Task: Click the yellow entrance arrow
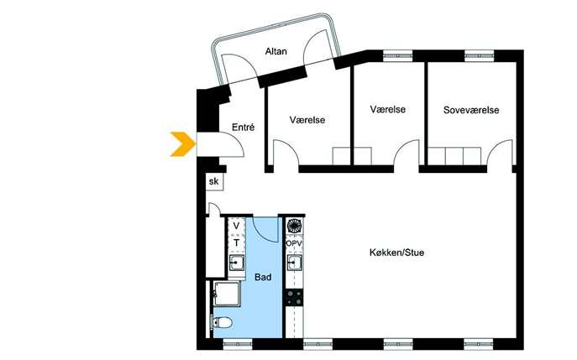point(183,144)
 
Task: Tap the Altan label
point(276,51)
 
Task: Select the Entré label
point(244,128)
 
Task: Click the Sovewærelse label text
point(471,110)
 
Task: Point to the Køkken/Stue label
point(396,253)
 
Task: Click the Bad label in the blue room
point(263,277)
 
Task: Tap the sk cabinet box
point(214,181)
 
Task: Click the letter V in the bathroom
point(236,226)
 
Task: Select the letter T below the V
point(236,243)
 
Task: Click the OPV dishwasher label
point(294,243)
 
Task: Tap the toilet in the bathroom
point(221,323)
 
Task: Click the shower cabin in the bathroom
point(228,294)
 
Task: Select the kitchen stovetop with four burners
point(295,298)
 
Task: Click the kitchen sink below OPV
point(295,263)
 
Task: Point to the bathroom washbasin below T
point(236,263)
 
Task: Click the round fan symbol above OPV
point(295,226)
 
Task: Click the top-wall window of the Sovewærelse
point(479,56)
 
